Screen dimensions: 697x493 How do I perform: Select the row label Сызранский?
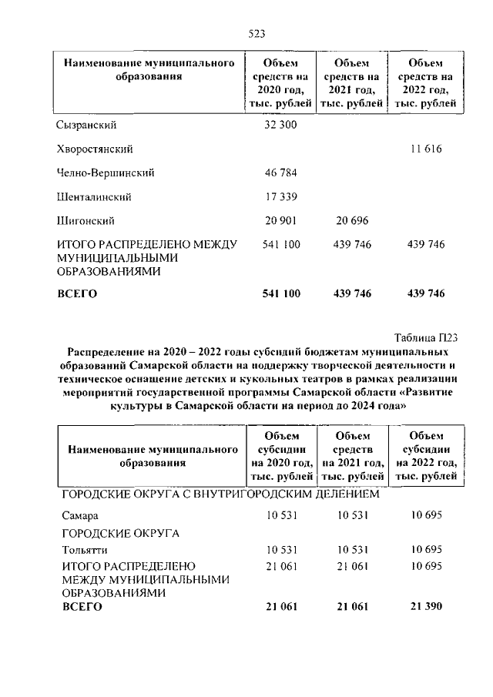point(86,124)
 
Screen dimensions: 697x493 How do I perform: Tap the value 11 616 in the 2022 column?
point(426,148)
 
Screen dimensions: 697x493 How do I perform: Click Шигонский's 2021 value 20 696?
point(351,221)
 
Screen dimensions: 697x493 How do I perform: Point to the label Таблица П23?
point(426,336)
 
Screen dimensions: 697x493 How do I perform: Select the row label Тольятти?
point(84,550)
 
